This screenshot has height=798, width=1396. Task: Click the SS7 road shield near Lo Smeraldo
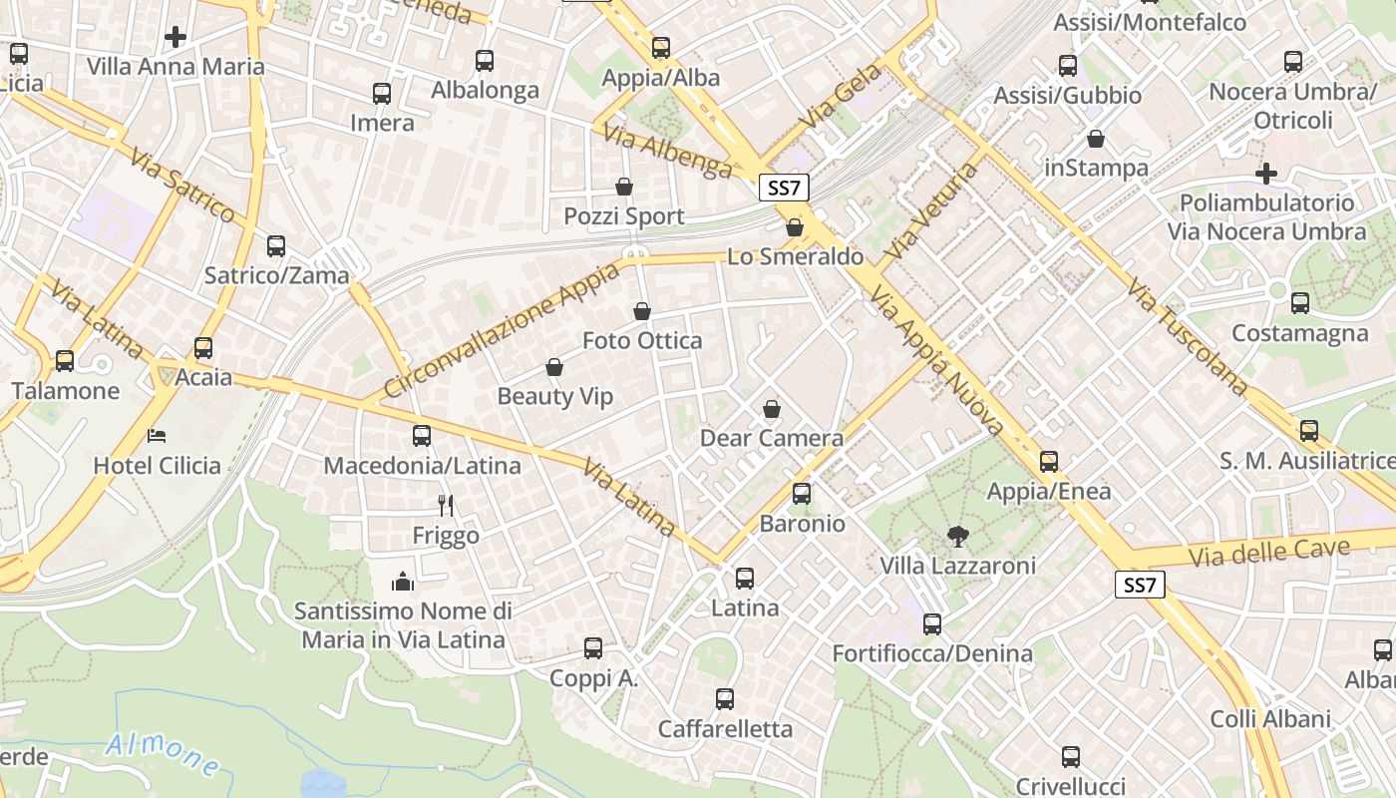[784, 188]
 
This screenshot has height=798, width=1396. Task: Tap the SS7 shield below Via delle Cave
[1139, 585]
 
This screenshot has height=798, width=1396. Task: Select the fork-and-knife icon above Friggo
[446, 506]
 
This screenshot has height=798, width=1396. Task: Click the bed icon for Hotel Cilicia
[157, 436]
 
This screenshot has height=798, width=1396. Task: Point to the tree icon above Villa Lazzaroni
[957, 537]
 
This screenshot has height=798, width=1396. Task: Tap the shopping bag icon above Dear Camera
[771, 409]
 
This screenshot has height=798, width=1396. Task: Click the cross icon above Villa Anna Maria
[175, 38]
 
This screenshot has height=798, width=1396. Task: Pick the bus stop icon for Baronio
[801, 494]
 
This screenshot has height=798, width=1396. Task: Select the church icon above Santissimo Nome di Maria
[403, 581]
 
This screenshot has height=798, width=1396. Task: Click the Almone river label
[163, 754]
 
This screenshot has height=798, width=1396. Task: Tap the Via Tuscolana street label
[1188, 336]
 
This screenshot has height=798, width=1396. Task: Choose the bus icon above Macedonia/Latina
[422, 436]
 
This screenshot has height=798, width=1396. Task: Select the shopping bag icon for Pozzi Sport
[624, 187]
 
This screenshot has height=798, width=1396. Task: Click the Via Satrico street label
[181, 185]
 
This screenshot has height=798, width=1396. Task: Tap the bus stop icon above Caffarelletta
[725, 699]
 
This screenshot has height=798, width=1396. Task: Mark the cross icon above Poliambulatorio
[1266, 174]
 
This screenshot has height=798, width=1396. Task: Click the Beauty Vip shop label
[555, 396]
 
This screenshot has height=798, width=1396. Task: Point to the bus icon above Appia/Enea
[1048, 462]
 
